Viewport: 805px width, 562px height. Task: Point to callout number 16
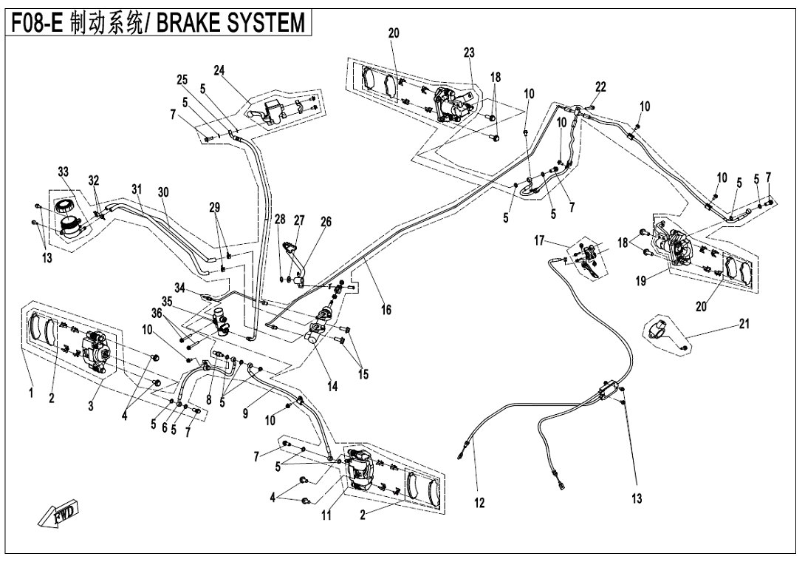coord(386,311)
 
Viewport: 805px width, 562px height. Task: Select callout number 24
coord(219,71)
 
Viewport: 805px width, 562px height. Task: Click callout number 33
coord(64,172)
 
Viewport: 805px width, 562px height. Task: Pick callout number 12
coord(479,504)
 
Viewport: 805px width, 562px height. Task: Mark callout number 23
coord(469,53)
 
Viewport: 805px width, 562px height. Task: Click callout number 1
coord(31,393)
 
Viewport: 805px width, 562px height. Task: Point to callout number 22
coord(600,87)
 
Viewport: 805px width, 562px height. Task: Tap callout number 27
coord(299,220)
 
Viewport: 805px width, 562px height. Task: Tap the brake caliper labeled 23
coord(451,101)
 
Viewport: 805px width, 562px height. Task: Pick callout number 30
coord(163,192)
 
